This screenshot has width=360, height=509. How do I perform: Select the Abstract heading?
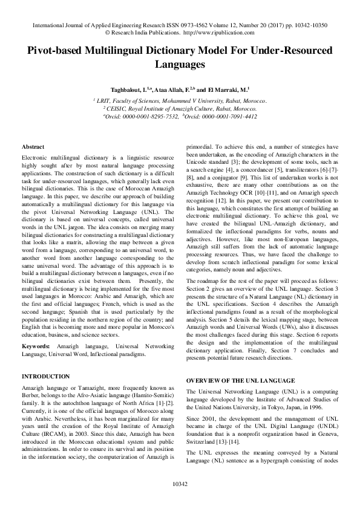(33, 147)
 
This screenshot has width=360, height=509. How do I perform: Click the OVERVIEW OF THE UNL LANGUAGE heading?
(240, 380)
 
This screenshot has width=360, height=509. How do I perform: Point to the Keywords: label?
(36, 346)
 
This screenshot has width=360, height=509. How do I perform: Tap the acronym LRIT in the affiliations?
(104, 100)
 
